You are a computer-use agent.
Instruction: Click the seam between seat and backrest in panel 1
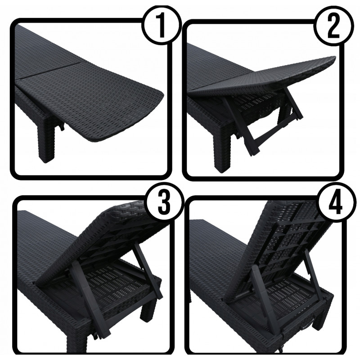click(50, 71)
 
